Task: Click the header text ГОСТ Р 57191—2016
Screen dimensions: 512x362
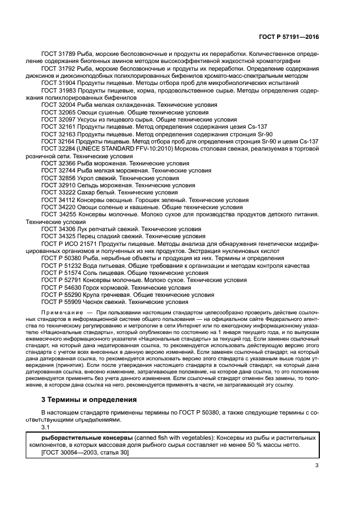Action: click(x=288, y=37)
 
